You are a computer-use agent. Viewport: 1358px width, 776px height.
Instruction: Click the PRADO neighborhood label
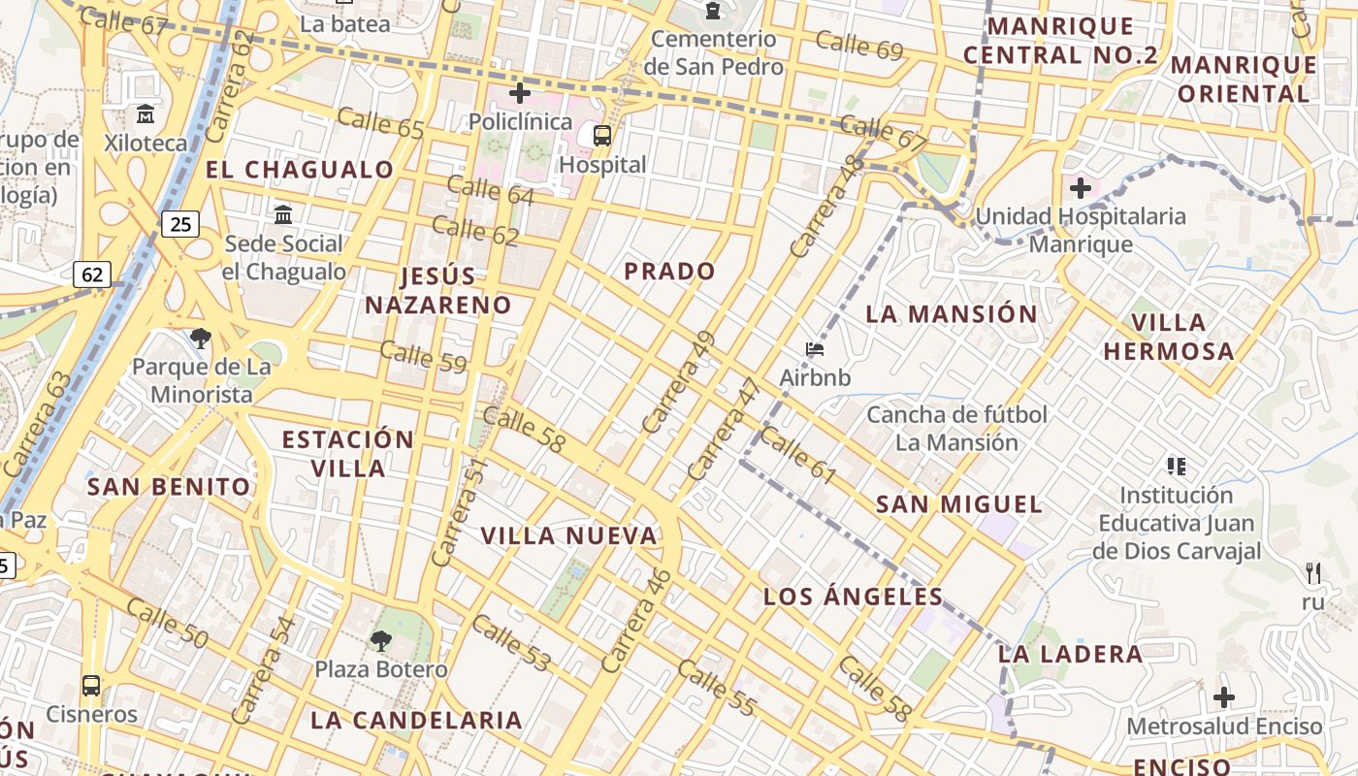click(x=669, y=272)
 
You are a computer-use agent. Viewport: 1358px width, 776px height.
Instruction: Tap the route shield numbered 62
click(x=92, y=275)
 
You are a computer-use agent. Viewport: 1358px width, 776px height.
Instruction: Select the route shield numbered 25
click(x=180, y=225)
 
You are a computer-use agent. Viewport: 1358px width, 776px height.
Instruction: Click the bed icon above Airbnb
click(x=815, y=349)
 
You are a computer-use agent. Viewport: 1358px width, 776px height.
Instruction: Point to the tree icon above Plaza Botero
click(x=381, y=640)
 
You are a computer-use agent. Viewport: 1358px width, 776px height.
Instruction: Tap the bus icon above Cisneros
click(x=91, y=686)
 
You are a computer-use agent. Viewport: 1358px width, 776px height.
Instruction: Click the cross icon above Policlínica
click(x=520, y=93)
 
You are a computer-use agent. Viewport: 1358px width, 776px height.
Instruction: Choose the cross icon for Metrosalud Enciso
click(x=1224, y=696)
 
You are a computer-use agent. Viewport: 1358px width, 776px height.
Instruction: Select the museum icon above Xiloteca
click(x=145, y=113)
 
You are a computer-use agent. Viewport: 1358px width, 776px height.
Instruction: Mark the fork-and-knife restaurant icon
click(x=1313, y=572)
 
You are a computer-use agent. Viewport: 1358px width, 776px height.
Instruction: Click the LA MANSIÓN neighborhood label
click(x=952, y=314)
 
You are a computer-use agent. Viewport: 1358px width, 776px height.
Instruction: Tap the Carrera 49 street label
click(x=678, y=382)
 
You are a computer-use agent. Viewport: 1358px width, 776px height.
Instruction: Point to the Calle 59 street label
click(x=423, y=356)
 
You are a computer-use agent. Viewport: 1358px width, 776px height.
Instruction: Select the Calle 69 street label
click(x=859, y=46)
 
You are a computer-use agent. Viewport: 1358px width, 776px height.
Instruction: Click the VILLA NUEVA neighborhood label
click(x=569, y=535)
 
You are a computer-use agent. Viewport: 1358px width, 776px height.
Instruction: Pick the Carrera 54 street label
click(x=264, y=669)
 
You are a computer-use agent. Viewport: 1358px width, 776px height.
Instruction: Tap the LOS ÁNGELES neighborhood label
click(x=854, y=597)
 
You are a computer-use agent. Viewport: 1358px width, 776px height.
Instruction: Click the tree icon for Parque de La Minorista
click(x=201, y=339)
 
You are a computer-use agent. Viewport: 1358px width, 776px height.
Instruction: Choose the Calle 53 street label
click(x=512, y=643)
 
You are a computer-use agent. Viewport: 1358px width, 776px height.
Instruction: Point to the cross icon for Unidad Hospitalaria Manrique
click(x=1081, y=187)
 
